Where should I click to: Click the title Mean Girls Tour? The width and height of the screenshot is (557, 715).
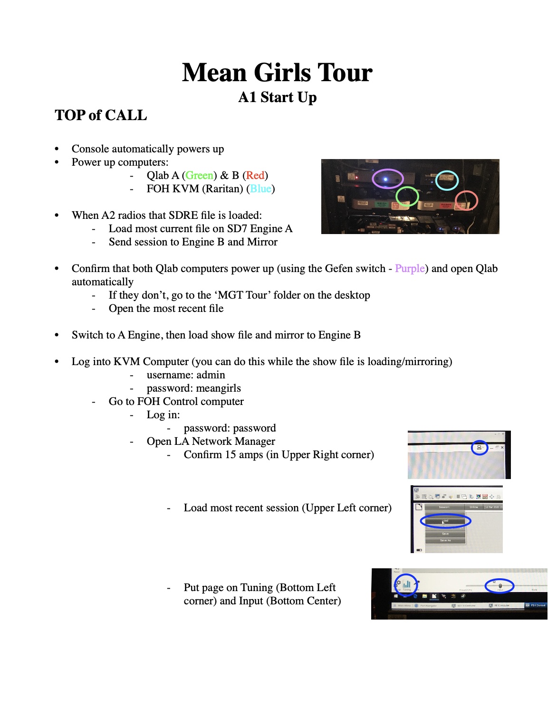coord(277,73)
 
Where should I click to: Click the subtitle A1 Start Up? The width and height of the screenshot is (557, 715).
coord(277,97)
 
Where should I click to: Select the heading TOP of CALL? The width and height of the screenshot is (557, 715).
coord(101,115)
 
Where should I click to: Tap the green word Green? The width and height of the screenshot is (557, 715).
coord(199,175)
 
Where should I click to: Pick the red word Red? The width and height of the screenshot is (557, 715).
coord(255,175)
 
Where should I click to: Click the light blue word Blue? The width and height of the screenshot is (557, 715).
coord(260,188)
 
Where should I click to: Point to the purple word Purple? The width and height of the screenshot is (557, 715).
coord(410,268)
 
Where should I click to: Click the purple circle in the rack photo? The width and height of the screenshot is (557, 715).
coord(387,179)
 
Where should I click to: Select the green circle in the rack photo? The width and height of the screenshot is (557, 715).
coord(407,196)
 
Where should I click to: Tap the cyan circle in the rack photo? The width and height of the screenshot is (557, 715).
coord(447,180)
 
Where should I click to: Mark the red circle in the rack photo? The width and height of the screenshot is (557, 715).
coord(466,200)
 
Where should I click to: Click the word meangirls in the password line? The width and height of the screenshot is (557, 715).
coord(218,388)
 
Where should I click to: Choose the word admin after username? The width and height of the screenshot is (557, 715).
coord(211,375)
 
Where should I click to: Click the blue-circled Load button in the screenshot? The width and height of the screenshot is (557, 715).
coord(445,521)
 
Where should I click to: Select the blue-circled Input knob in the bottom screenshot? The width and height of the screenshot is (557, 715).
coord(500,586)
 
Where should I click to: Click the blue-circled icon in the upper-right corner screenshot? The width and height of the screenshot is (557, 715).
coord(479,447)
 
